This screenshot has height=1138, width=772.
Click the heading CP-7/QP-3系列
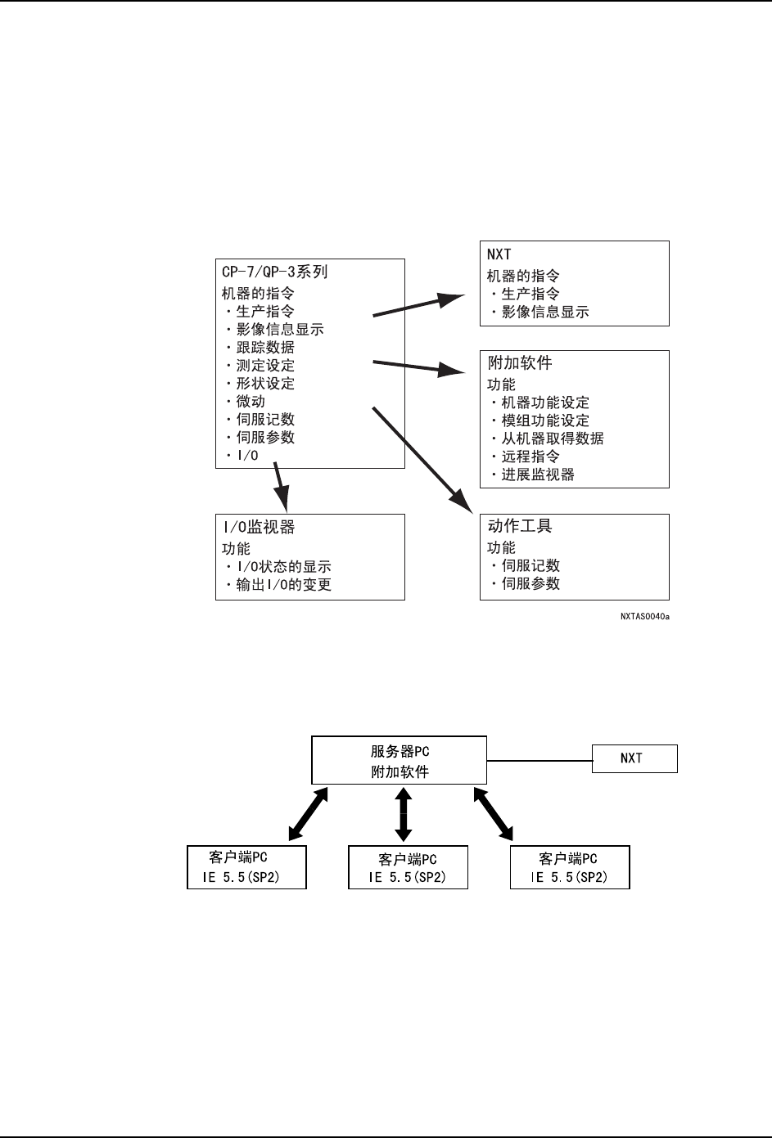[x=275, y=272]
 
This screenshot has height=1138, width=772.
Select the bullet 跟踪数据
[x=265, y=348]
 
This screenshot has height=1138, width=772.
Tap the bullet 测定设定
[x=265, y=366]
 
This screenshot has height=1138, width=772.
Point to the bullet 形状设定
[x=265, y=384]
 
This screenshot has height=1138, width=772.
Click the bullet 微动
[x=251, y=402]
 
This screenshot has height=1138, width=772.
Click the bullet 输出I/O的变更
[x=283, y=585]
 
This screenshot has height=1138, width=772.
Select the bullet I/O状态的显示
[x=283, y=567]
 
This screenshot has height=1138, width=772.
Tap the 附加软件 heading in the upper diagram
[x=520, y=363]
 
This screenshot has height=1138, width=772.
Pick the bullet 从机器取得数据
[x=553, y=439]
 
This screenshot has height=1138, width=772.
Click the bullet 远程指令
[x=530, y=457]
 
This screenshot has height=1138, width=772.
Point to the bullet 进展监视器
[x=538, y=475]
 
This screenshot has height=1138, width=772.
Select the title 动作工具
[x=520, y=526]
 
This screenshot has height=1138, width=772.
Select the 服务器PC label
[x=400, y=752]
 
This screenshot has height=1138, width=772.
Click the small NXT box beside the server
[x=634, y=758]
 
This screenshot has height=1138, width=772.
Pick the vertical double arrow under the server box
[x=403, y=815]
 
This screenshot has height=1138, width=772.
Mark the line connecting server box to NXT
[x=539, y=760]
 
